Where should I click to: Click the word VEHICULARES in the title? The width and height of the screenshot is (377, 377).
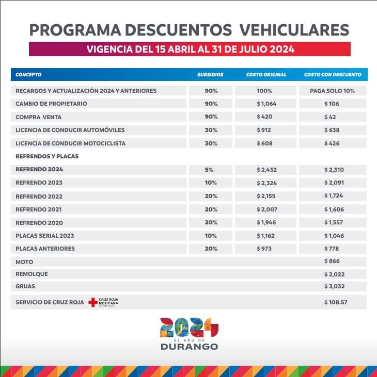pyautogui.click(x=294, y=29)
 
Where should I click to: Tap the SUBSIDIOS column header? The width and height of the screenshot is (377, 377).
pyautogui.click(x=210, y=75)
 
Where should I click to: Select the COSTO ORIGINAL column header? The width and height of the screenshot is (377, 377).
pyautogui.click(x=266, y=75)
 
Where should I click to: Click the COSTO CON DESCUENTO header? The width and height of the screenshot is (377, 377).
pyautogui.click(x=333, y=75)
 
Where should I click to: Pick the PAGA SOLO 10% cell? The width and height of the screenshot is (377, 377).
pyautogui.click(x=333, y=91)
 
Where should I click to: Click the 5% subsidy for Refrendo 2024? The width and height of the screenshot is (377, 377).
pyautogui.click(x=211, y=169)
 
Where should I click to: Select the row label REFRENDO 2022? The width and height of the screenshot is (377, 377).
pyautogui.click(x=39, y=196)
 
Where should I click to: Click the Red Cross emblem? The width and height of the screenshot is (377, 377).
pyautogui.click(x=93, y=302)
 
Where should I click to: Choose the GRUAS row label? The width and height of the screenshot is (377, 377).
pyautogui.click(x=25, y=286)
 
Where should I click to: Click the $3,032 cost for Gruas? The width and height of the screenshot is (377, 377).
pyautogui.click(x=334, y=286)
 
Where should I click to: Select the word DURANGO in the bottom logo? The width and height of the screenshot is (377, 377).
pyautogui.click(x=189, y=347)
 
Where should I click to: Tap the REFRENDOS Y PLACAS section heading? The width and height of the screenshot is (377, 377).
pyautogui.click(x=47, y=156)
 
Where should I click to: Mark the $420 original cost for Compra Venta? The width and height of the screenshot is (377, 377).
pyautogui.click(x=264, y=117)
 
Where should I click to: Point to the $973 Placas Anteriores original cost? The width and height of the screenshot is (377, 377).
pyautogui.click(x=264, y=249)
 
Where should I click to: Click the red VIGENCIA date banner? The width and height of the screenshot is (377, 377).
pyautogui.click(x=190, y=50)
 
